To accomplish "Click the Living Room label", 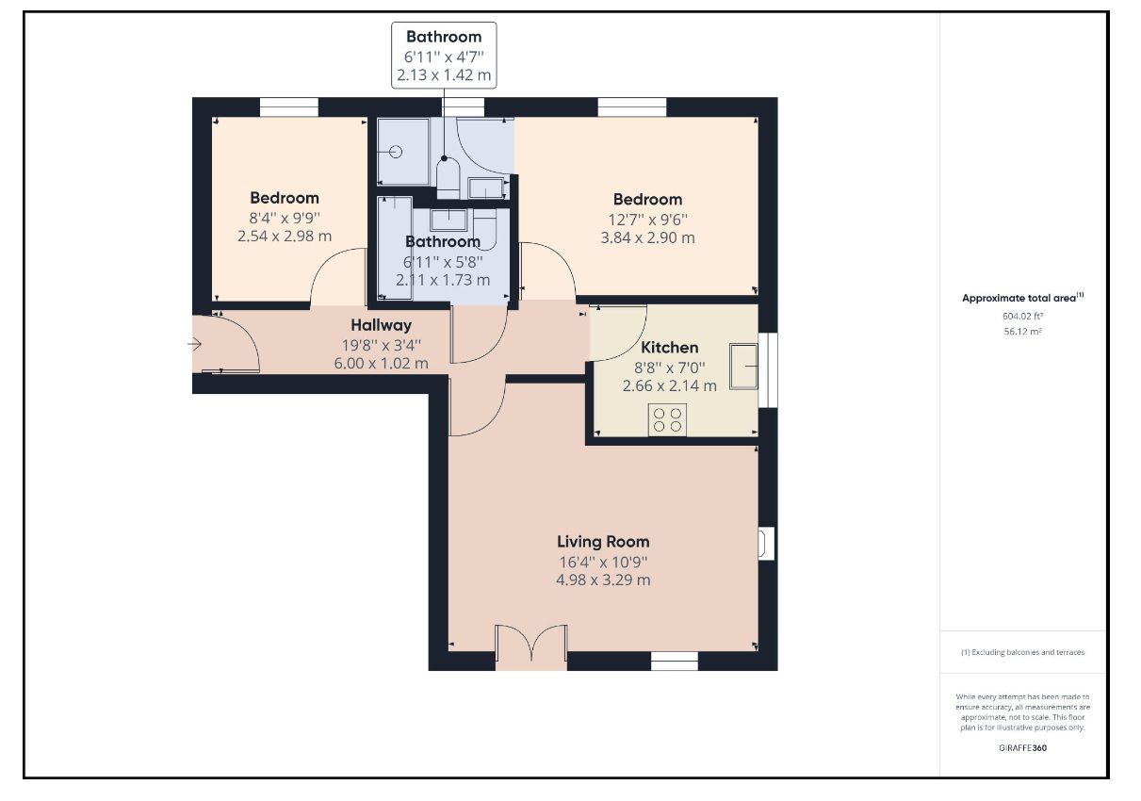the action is [x=603, y=542].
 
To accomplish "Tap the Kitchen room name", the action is [x=669, y=348].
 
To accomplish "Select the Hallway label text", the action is [x=381, y=325].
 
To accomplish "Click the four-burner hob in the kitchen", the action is [x=667, y=420].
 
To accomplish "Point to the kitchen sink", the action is [x=743, y=367].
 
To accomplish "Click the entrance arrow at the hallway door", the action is [x=195, y=345].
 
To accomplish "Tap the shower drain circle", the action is [x=396, y=152].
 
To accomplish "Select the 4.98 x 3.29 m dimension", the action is [x=603, y=580].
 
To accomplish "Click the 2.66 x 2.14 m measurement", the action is [x=669, y=385].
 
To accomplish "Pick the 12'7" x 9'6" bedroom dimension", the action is [x=647, y=220].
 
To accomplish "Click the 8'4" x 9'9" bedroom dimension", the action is [x=285, y=218].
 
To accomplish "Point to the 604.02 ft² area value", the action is [x=1022, y=316].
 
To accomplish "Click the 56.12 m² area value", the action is [x=1022, y=331].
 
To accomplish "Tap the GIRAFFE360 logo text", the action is [x=1023, y=748].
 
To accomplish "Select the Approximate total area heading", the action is [x=1023, y=298].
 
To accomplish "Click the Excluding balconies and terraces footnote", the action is [x=1023, y=652].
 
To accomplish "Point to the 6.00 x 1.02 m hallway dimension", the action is [x=381, y=364].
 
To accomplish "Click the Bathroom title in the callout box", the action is [x=444, y=37].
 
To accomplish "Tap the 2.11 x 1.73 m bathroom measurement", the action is [x=443, y=280].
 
